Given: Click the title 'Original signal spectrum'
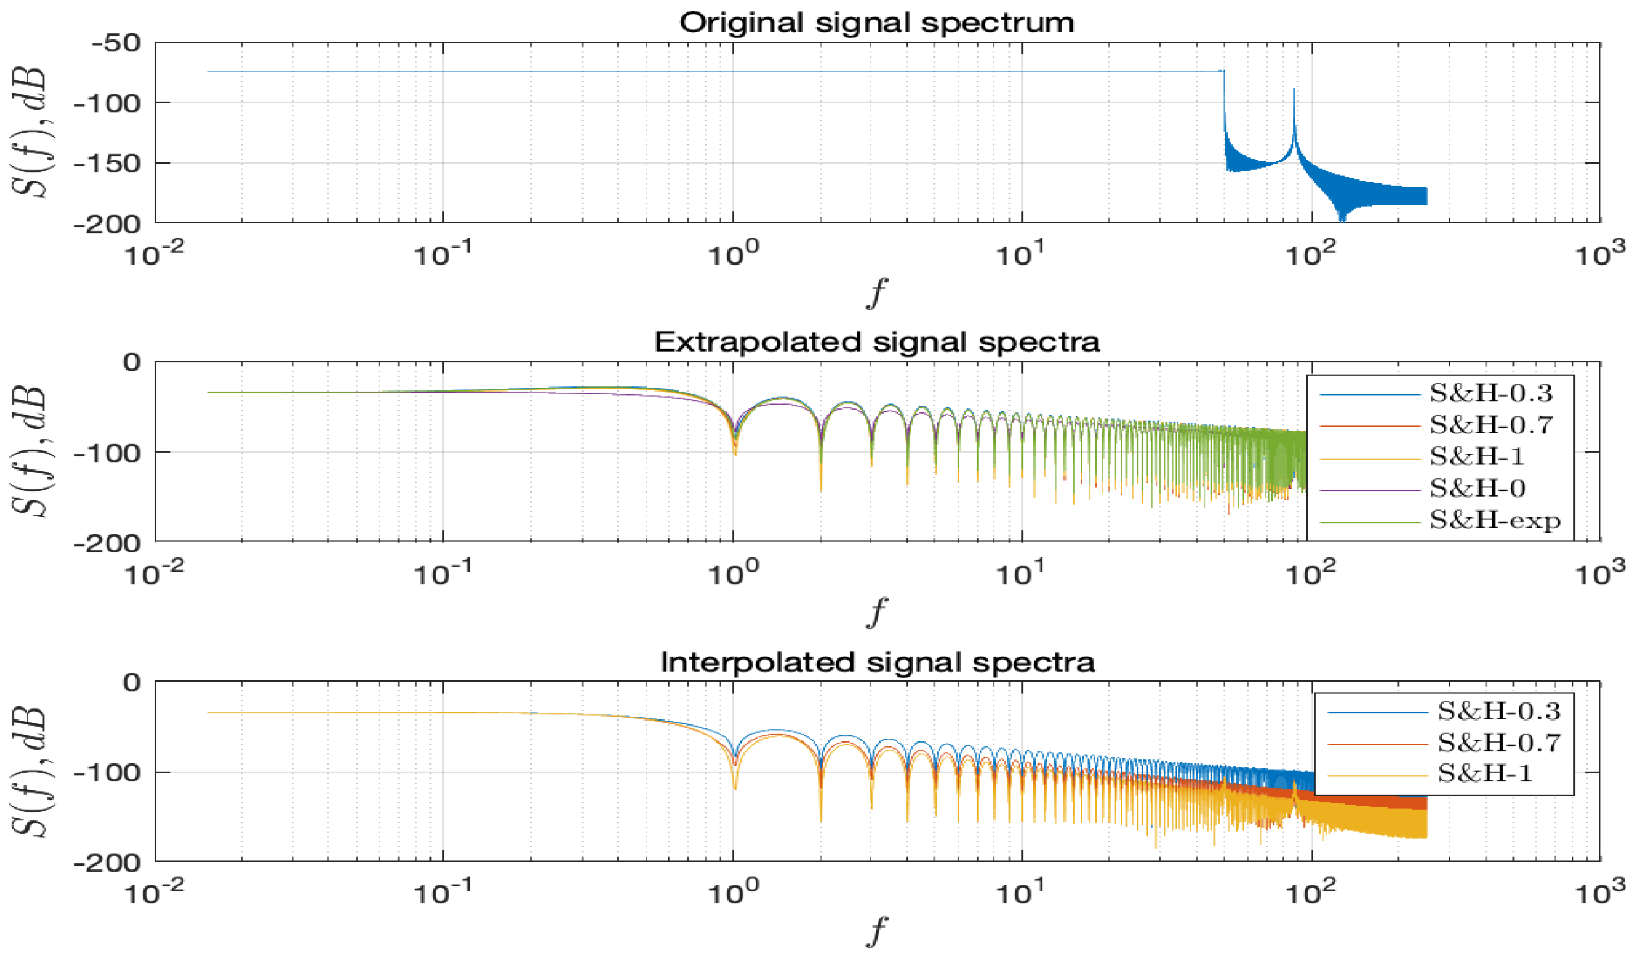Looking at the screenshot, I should pyautogui.click(x=876, y=24).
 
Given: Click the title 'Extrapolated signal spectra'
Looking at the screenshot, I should pyautogui.click(x=876, y=342).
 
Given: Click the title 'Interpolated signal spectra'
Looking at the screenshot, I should pyautogui.click(x=877, y=662).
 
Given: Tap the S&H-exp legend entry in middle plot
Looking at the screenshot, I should pyautogui.click(x=1495, y=520).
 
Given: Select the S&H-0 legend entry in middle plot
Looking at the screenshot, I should pyautogui.click(x=1477, y=489).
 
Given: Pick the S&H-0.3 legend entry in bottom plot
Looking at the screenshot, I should pyautogui.click(x=1499, y=711).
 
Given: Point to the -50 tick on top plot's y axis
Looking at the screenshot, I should pyautogui.click(x=116, y=43).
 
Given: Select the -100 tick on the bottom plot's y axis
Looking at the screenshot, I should pyautogui.click(x=107, y=774).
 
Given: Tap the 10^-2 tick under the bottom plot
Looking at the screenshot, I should pyautogui.click(x=154, y=893).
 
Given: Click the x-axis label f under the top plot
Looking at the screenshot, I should pyautogui.click(x=876, y=294).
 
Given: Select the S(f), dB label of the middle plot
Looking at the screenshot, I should pyautogui.click(x=29, y=451).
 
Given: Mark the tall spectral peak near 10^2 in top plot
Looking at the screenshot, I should pyautogui.click(x=1294, y=91).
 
